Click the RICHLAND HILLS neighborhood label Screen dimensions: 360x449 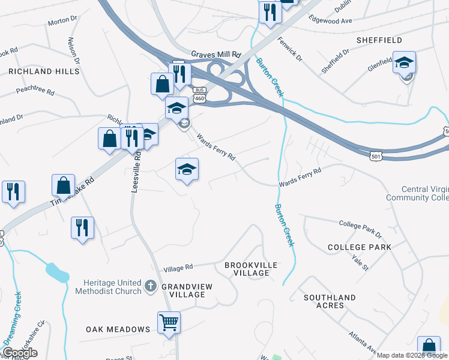(x=44, y=71)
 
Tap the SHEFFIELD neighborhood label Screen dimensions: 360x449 (x=379, y=40)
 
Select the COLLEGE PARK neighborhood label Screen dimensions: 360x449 (x=360, y=247)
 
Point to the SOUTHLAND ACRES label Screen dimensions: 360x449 (x=330, y=301)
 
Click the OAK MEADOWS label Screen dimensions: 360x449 (x=118, y=329)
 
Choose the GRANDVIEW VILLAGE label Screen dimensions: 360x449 (x=187, y=291)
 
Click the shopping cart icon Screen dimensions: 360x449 (x=169, y=322)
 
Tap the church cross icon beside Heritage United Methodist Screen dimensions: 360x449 (x=150, y=287)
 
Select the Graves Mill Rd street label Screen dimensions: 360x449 (x=215, y=54)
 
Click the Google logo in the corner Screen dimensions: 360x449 (x=20, y=353)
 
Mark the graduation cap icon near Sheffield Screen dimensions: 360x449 (x=404, y=62)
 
